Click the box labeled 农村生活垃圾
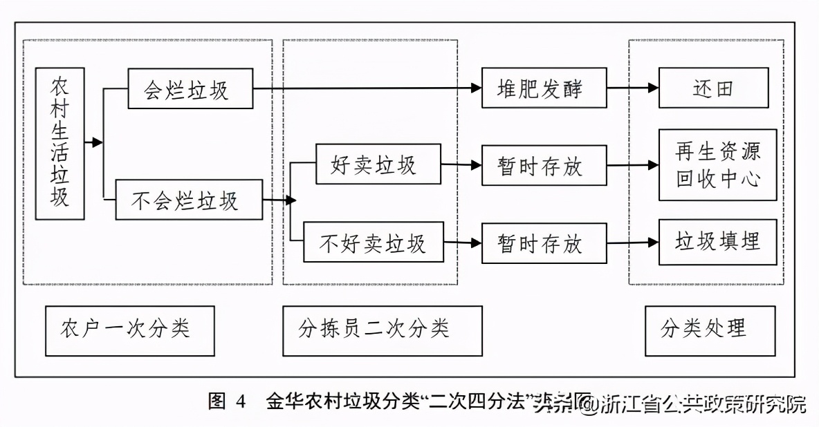coord(60,143)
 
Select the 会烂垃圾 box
coord(190,88)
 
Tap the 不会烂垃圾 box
coord(189,200)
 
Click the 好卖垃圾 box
coord(378,164)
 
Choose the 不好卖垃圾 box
coord(374,243)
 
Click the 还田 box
coord(712,88)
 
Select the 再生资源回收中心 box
coord(717,165)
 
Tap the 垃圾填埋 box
coord(717,242)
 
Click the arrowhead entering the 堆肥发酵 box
coord(476,88)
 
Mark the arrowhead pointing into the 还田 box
coord(653,88)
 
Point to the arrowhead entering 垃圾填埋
coord(653,243)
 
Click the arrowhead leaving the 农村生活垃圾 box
coord(98,142)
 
